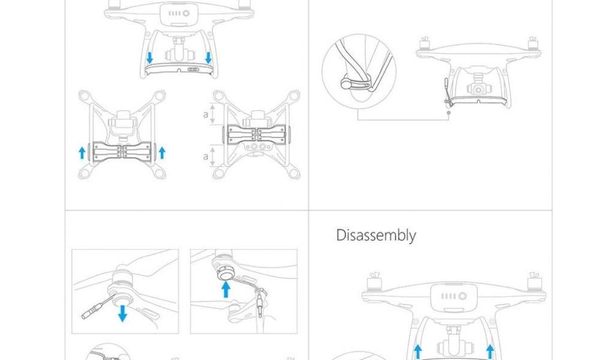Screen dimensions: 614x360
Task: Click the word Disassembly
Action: tap(376, 235)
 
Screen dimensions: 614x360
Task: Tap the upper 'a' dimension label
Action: tap(206, 115)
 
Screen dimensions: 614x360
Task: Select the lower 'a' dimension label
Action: tap(206, 157)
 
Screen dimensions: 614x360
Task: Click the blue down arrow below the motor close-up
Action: tap(122, 313)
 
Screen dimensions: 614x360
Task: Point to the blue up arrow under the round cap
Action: tap(225, 289)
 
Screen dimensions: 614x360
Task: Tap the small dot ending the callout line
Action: tap(449, 113)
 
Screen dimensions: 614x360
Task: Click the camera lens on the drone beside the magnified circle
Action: tap(478, 90)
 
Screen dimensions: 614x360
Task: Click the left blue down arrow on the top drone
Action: tap(149, 58)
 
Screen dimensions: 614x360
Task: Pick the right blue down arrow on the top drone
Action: tap(208, 58)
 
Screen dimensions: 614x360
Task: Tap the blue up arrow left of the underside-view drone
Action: tap(82, 153)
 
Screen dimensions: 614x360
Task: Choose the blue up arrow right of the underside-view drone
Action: tap(162, 153)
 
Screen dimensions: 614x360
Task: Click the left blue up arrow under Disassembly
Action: tap(418, 352)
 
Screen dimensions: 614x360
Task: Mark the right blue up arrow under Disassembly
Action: tap(490, 352)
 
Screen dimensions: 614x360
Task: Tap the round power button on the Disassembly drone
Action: tap(462, 296)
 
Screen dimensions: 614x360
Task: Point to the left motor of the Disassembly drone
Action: tap(374, 282)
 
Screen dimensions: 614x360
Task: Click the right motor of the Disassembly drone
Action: tap(534, 282)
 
